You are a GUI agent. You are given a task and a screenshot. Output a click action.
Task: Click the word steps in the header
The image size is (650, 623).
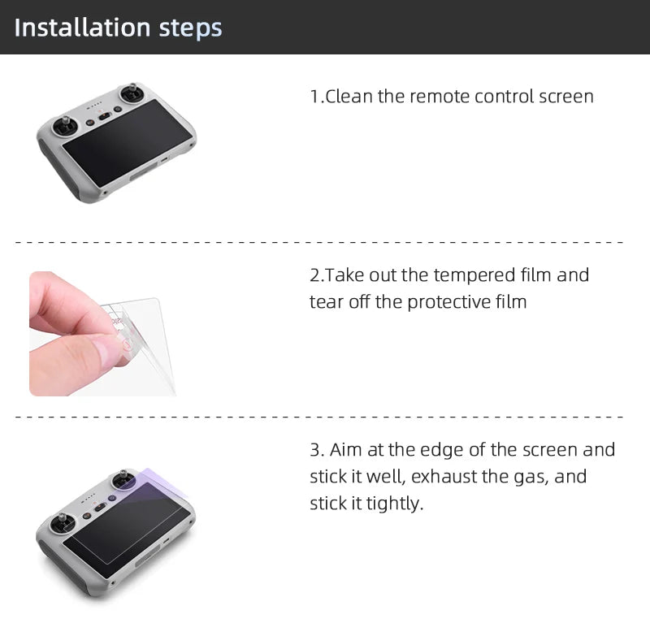pos(190,28)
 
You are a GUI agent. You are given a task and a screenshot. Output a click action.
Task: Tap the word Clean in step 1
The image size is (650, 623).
pos(349,97)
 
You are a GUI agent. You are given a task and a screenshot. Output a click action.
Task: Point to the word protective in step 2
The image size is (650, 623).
pos(448,302)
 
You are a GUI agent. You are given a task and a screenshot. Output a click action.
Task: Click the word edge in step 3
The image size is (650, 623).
pos(463,449)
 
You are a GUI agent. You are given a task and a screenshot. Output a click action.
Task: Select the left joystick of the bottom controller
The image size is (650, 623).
pos(62,519)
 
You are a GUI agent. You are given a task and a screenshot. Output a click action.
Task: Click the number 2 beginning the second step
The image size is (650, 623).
pos(314,275)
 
